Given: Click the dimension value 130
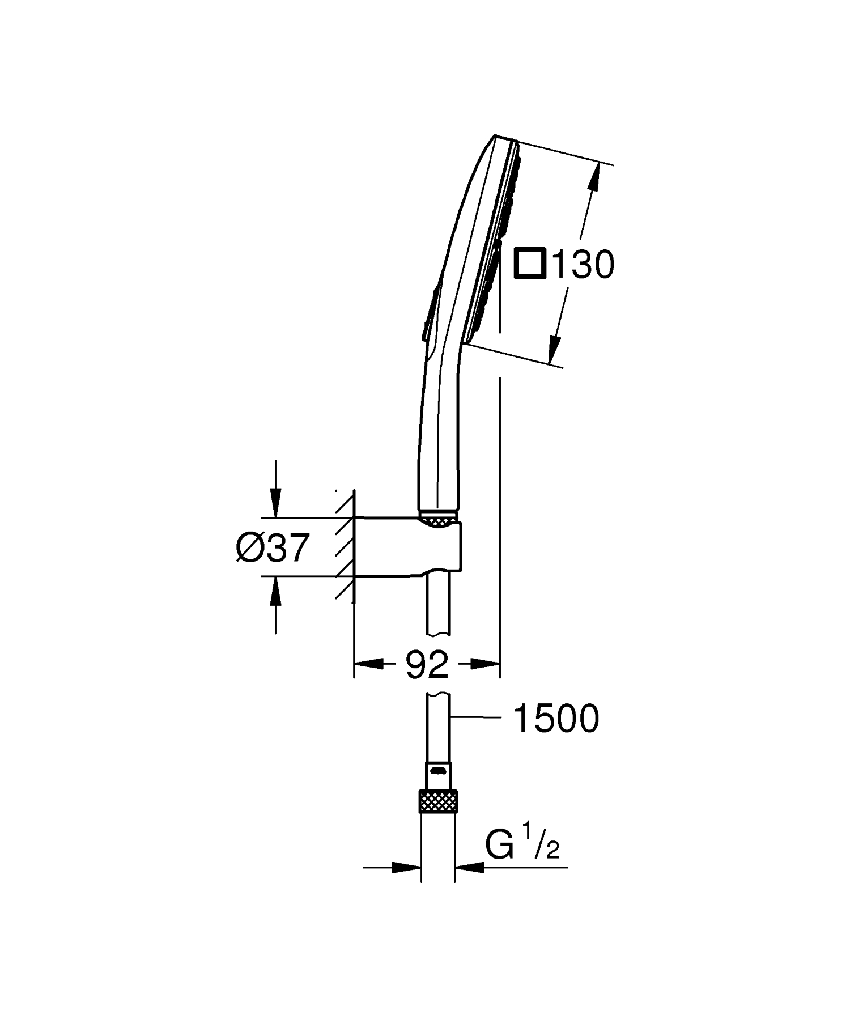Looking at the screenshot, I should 583,264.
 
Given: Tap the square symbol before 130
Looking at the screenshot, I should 530,264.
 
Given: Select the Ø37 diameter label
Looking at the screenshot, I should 273,548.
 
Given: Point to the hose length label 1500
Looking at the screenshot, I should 555,719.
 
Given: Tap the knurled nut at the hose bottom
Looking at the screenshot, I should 437,801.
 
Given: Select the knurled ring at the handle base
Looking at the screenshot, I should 437,519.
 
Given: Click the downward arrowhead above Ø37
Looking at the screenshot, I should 275,504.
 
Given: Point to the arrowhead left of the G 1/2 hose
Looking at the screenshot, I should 408,882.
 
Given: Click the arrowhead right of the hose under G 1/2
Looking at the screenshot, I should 468,882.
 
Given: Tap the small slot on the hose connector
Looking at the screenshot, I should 437,770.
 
